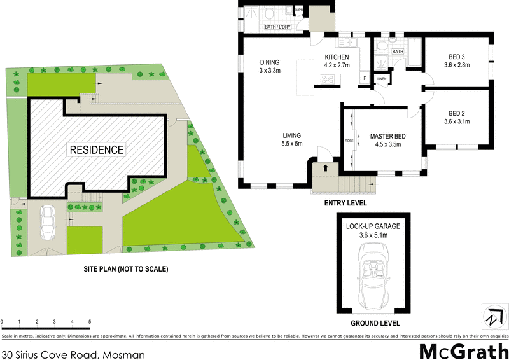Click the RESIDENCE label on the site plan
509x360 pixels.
pos(97,150)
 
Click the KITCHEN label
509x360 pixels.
pos(337,57)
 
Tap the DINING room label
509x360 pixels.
pos(270,62)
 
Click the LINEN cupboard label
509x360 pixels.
pos(382,79)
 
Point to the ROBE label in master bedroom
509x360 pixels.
pos(349,141)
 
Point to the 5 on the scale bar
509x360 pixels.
pos(90,322)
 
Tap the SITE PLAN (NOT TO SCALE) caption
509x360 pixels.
pos(126,269)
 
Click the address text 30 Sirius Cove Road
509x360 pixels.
pos(74,354)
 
